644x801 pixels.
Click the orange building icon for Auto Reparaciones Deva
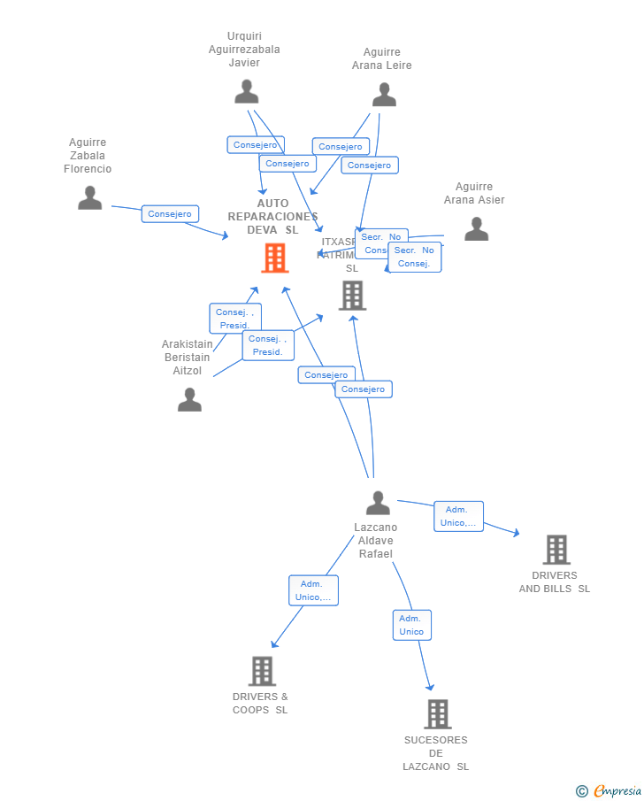pyautogui.click(x=274, y=258)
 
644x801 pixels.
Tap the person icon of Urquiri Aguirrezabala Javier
pyautogui.click(x=246, y=91)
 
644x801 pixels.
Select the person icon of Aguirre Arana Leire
pyautogui.click(x=384, y=94)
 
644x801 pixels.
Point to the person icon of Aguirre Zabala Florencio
pyautogui.click(x=89, y=197)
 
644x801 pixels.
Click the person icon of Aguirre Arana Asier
pyautogui.click(x=476, y=228)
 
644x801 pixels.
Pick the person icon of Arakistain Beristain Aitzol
pyautogui.click(x=189, y=400)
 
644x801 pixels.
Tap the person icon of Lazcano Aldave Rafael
pyautogui.click(x=378, y=503)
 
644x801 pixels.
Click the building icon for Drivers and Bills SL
pyautogui.click(x=556, y=550)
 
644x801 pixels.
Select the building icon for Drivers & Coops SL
pyautogui.click(x=262, y=671)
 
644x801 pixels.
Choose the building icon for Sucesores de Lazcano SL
pyautogui.click(x=437, y=713)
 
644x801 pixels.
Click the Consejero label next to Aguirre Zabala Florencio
pyautogui.click(x=170, y=213)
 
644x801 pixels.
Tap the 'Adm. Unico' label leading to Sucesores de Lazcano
pyautogui.click(x=411, y=625)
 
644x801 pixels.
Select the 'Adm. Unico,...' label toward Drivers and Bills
pyautogui.click(x=458, y=516)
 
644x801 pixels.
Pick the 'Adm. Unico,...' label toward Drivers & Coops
pyautogui.click(x=313, y=590)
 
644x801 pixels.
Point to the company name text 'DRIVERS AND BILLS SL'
pyautogui.click(x=555, y=582)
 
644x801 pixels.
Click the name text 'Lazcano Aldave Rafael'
pyautogui.click(x=376, y=541)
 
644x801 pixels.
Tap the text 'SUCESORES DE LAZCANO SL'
pyautogui.click(x=436, y=753)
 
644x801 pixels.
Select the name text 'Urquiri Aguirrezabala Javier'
pyautogui.click(x=244, y=50)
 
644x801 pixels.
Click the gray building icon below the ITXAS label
pyautogui.click(x=352, y=296)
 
